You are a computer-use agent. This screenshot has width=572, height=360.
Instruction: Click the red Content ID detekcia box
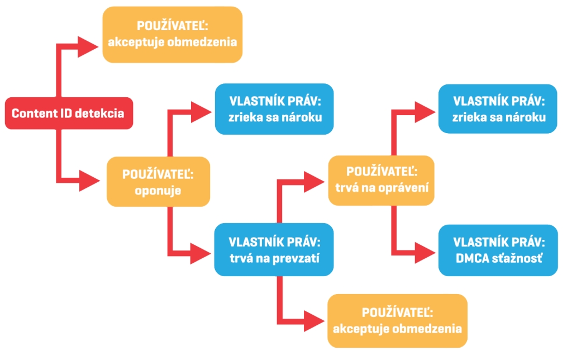pyautogui.click(x=68, y=113)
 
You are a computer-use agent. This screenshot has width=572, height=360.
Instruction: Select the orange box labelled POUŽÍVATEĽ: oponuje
pyautogui.click(x=158, y=182)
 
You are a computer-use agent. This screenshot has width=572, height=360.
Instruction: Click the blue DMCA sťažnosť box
pyautogui.click(x=498, y=250)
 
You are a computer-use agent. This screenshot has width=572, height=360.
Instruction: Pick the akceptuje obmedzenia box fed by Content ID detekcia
pyautogui.click(x=172, y=34)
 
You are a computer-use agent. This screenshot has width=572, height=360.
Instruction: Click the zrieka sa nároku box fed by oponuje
pyautogui.click(x=274, y=109)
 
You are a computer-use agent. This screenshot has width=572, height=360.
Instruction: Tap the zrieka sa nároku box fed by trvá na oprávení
pyautogui.click(x=498, y=109)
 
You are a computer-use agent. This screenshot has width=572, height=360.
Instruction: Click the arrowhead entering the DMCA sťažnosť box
pyautogui.click(x=424, y=250)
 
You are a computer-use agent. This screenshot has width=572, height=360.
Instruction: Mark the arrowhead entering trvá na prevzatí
pyautogui.click(x=201, y=252)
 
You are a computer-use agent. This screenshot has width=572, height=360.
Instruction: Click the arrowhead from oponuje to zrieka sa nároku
pyautogui.click(x=201, y=111)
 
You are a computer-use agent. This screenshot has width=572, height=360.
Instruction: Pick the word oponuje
pyautogui.click(x=158, y=190)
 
